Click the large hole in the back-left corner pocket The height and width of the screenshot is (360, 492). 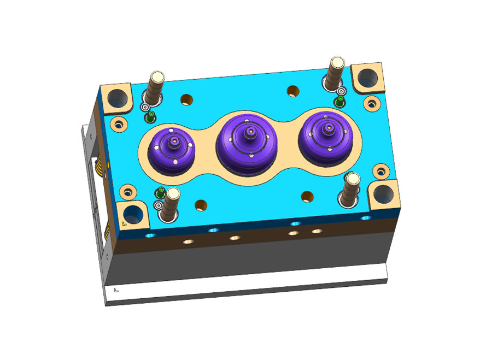coord(117,99)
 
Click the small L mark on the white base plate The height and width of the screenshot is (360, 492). coord(115,291)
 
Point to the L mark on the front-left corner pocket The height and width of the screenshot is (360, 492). coord(125,223)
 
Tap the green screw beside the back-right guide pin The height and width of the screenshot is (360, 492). coord(339,101)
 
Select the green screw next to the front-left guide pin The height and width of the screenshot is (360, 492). coord(160,192)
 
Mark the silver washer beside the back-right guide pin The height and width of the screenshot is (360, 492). coord(341,91)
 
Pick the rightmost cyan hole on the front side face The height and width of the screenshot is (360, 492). coord(365,218)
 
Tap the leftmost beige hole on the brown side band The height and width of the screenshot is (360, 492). coord(188,241)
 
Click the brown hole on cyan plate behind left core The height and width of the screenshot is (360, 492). coord(187,99)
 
